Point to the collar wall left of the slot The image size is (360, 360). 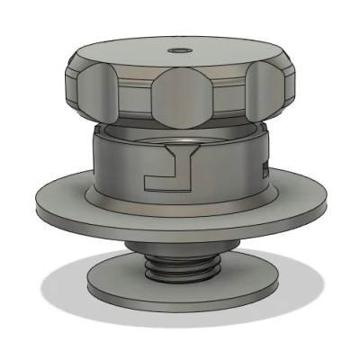(x=117, y=166)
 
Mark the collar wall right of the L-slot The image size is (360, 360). (x=229, y=171)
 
